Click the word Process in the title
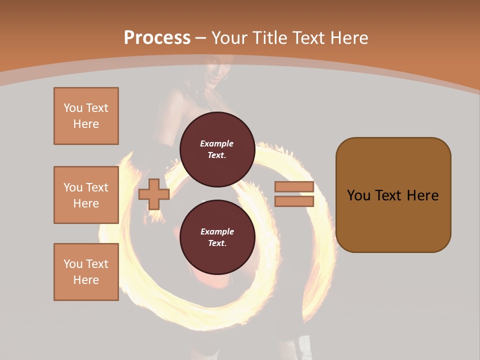tap(157, 38)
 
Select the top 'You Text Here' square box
tap(86, 116)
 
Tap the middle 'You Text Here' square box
tap(86, 195)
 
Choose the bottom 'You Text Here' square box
tap(86, 272)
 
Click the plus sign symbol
tap(153, 194)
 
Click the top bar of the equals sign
tap(294, 187)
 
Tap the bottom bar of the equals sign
tap(294, 201)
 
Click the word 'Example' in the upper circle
tap(216, 143)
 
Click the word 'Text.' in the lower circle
tap(217, 243)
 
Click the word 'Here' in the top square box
tap(86, 124)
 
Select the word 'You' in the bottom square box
tap(73, 264)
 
